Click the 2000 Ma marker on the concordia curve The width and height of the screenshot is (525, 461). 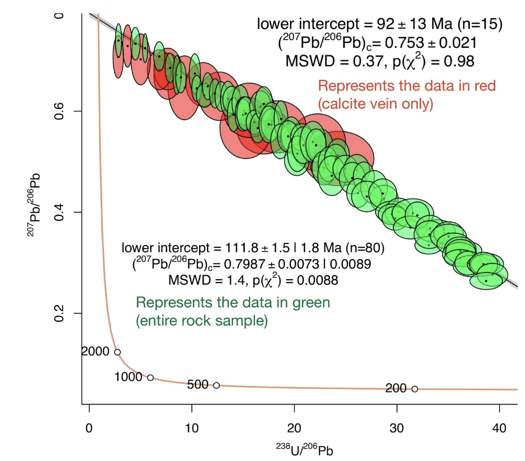tap(117, 352)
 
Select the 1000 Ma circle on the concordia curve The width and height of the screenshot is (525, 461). tap(150, 378)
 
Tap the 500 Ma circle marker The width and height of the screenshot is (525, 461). tap(216, 385)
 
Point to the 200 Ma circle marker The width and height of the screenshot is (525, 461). tap(415, 389)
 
